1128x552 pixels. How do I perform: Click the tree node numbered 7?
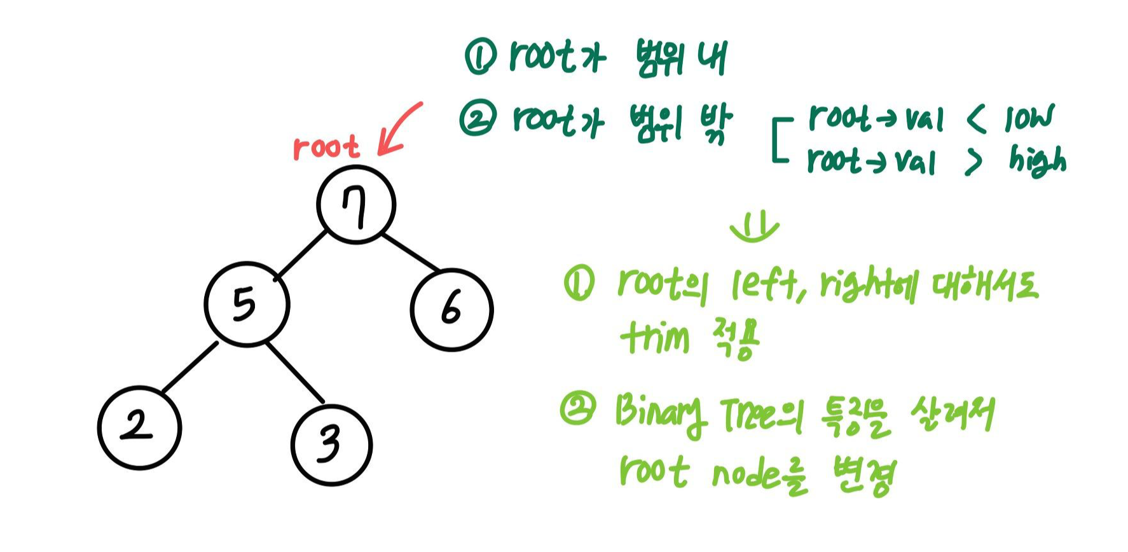pyautogui.click(x=356, y=205)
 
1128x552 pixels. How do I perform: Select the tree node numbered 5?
pyautogui.click(x=247, y=304)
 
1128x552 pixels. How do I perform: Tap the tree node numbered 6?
pyautogui.click(x=451, y=309)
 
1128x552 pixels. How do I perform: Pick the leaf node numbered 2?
pyautogui.click(x=139, y=427)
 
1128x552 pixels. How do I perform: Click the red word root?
pyautogui.click(x=326, y=148)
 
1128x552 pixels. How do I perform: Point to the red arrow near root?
pyautogui.click(x=399, y=130)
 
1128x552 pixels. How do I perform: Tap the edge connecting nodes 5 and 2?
pyautogui.click(x=189, y=367)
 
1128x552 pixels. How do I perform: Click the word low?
pyautogui.click(x=1028, y=118)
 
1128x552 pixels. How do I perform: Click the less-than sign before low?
pyautogui.click(x=977, y=119)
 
